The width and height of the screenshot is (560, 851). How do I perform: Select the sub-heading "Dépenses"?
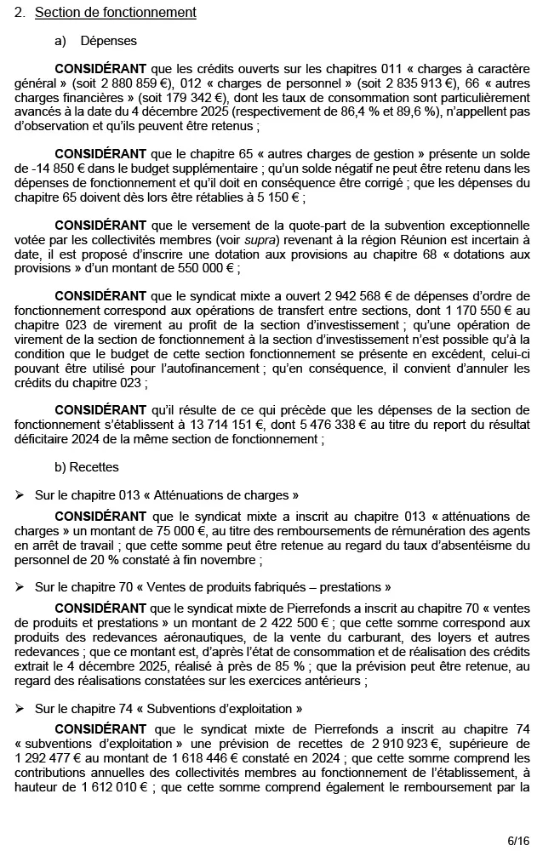[108, 41]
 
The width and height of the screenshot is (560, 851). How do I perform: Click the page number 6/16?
[518, 841]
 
